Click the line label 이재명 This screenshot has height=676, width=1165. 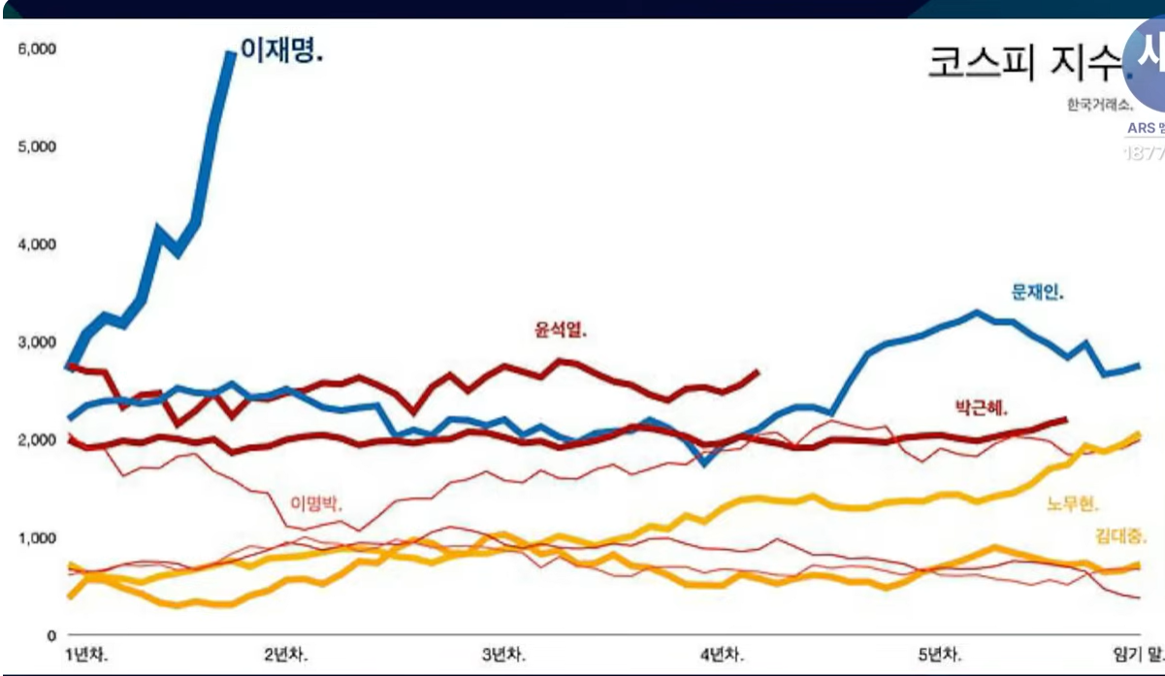(281, 52)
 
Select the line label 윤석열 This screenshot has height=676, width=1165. (561, 330)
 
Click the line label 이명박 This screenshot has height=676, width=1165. (319, 503)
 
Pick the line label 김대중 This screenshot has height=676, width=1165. (1121, 535)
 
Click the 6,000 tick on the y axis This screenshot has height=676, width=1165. (36, 49)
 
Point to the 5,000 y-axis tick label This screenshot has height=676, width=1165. (36, 147)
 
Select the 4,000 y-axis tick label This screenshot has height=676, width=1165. (36, 244)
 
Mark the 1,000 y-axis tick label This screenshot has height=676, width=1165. (36, 537)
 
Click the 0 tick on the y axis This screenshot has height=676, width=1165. (49, 634)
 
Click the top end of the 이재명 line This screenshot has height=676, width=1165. (231, 54)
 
